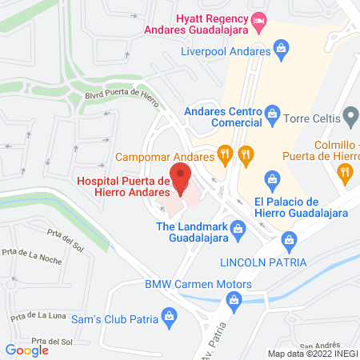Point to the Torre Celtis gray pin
350,118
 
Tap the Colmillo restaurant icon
345,170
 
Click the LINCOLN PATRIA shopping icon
290,238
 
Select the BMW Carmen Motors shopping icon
234,300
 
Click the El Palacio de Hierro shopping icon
272,178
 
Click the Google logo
26,350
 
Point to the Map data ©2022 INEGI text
312,354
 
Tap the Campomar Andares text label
166,156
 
